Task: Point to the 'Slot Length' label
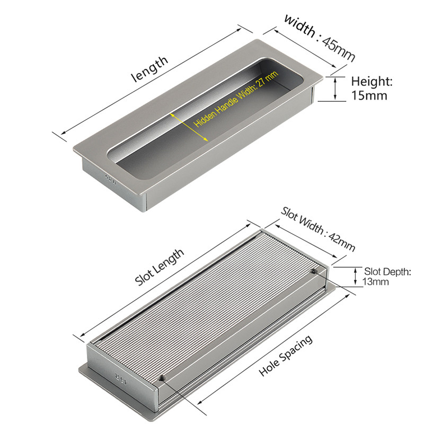(160, 268)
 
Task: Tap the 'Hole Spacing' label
(285, 356)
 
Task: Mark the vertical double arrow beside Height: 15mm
(335, 88)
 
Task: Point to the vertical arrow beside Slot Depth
(356, 276)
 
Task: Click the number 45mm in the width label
(339, 48)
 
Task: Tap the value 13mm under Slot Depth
(376, 282)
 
